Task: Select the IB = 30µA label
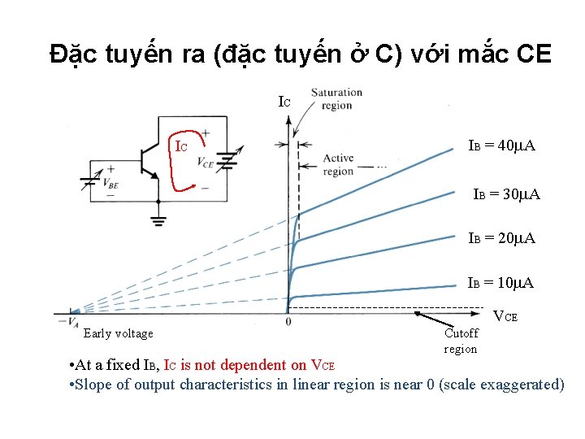[x=507, y=195]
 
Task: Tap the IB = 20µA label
[x=501, y=238]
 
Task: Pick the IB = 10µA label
[x=500, y=283]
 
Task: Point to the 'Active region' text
[x=338, y=165]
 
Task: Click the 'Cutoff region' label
[x=461, y=341]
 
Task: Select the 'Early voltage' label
[x=118, y=333]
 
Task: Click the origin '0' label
[x=288, y=322]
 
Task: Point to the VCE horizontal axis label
[x=506, y=316]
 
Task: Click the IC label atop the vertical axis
[x=284, y=102]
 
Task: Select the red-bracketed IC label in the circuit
[x=183, y=147]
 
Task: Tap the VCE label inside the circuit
[x=206, y=161]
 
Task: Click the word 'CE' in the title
[x=534, y=54]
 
